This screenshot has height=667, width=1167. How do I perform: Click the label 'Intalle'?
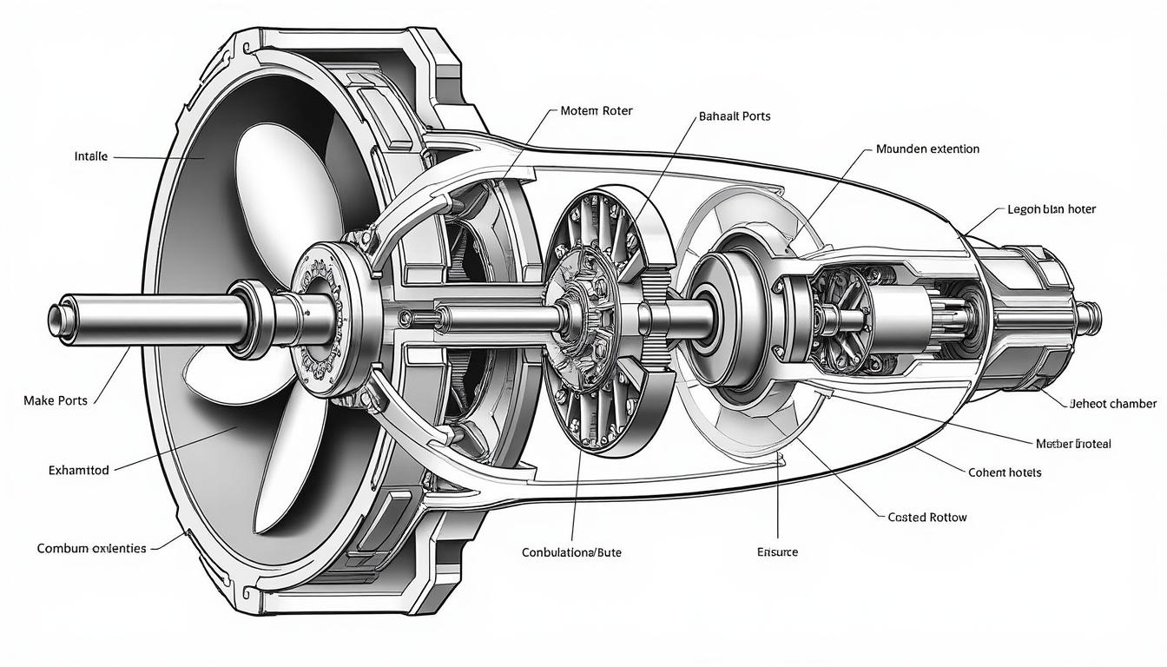(x=91, y=157)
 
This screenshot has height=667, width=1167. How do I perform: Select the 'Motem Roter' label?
(x=597, y=111)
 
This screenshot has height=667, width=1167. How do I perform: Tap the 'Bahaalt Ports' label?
(x=734, y=116)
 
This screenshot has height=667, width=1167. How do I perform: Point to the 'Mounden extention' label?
(x=927, y=149)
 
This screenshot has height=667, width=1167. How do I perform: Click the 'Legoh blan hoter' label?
(x=1052, y=209)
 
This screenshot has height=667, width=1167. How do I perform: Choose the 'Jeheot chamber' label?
(x=1114, y=403)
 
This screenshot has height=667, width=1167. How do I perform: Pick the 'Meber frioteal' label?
(x=1073, y=443)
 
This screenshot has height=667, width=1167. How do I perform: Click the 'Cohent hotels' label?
(x=1004, y=472)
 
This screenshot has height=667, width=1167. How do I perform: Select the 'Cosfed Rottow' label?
(x=927, y=517)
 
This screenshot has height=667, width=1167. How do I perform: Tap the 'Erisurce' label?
(x=777, y=551)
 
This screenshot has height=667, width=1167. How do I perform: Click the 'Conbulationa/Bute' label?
(x=571, y=551)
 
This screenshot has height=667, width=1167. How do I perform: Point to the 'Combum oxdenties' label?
(x=91, y=548)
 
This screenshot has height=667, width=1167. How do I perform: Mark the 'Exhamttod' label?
(x=78, y=470)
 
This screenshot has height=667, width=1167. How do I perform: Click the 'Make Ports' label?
(x=55, y=400)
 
